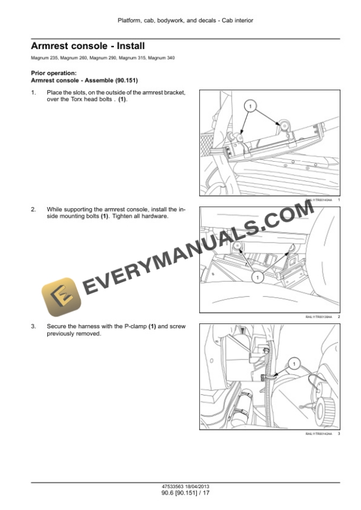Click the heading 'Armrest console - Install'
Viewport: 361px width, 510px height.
point(87,45)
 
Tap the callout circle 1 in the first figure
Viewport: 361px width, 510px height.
point(250,107)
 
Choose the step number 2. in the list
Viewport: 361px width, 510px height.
point(33,210)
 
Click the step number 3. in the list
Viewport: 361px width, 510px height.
point(33,326)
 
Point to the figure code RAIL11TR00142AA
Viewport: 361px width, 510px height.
point(319,434)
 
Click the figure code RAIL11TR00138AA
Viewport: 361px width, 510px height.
point(319,317)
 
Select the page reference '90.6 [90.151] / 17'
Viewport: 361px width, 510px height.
point(185,493)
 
